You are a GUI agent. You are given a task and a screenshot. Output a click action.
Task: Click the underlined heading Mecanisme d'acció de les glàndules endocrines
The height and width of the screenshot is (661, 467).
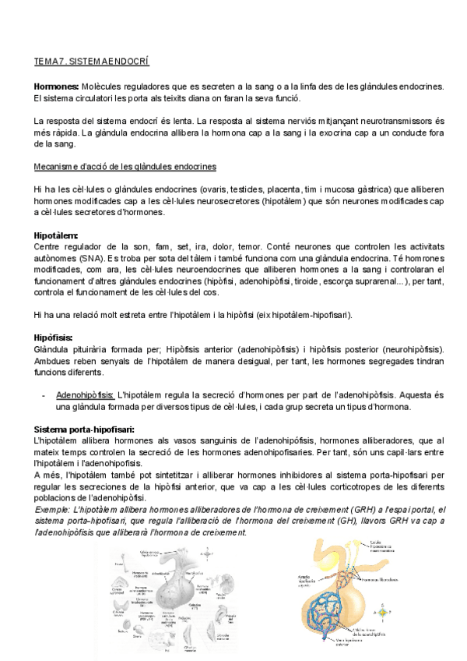125,167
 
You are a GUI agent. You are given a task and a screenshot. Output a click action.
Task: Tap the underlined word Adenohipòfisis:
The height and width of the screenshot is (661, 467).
86,395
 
